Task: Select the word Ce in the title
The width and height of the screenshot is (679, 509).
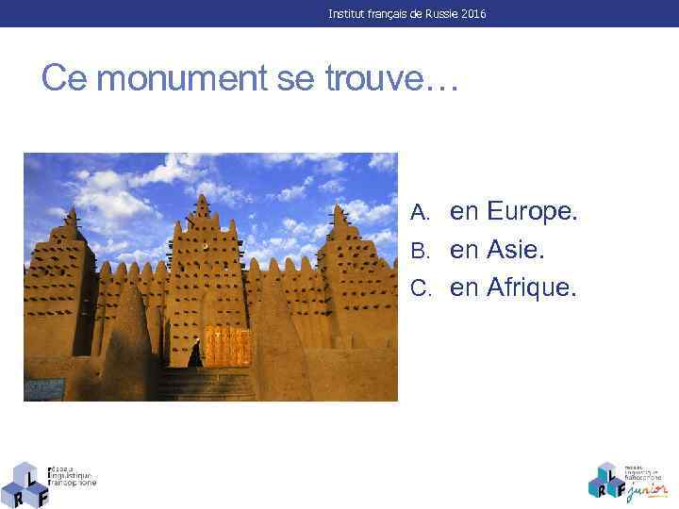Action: point(64,79)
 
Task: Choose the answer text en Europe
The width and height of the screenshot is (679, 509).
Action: point(513,212)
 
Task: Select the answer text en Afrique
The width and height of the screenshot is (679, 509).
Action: point(512,287)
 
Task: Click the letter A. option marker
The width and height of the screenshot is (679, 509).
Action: point(421,214)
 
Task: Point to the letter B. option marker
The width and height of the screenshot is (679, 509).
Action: point(421,252)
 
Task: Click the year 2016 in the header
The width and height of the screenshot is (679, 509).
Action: point(473,14)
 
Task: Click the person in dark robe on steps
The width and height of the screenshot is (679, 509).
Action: point(195,355)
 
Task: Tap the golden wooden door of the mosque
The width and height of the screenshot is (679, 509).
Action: point(227,347)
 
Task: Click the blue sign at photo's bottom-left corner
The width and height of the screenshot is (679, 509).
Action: point(45,388)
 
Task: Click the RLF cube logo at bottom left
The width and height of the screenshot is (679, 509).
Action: point(25,484)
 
